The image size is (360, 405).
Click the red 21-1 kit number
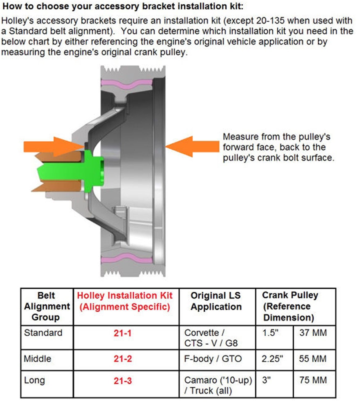pyautogui.click(x=123, y=333)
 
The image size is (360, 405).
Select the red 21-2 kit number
pyautogui.click(x=123, y=359)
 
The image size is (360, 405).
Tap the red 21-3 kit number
pyautogui.click(x=123, y=381)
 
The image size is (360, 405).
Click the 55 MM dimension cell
pyautogui.click(x=313, y=359)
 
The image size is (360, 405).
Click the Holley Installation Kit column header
pyautogui.click(x=125, y=301)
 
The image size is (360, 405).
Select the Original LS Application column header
pyautogui.click(x=216, y=301)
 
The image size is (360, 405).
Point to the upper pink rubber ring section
pyautogui.click(x=127, y=84)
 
